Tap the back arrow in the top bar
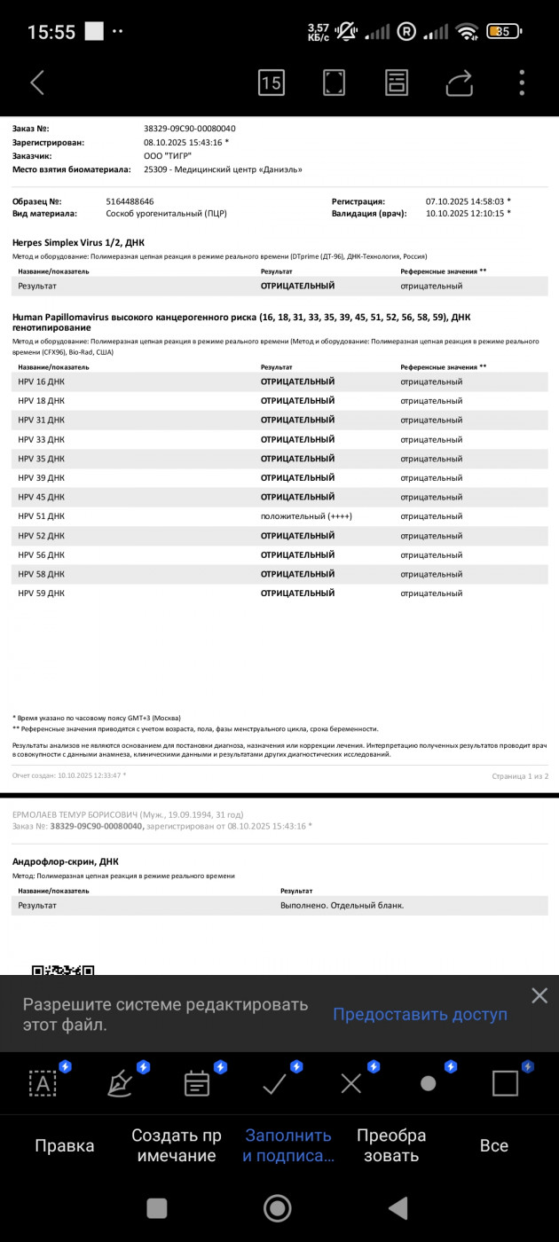pos(37,83)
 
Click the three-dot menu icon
pos(522,83)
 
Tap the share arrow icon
pos(460,83)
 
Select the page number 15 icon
pos(272,83)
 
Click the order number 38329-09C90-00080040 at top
pos(189,129)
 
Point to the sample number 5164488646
pos(130,201)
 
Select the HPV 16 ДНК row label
pos(42,381)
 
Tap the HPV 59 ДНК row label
pos(42,593)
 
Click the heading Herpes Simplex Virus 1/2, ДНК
pos(78,242)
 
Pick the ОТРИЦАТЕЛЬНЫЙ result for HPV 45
pos(297,497)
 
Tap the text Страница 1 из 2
pos(520,776)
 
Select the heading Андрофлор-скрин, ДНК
pos(66,861)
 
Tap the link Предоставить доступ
pos(420,1014)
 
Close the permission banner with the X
pos(539,995)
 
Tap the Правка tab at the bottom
pos(65,1145)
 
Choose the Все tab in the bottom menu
pos(494,1145)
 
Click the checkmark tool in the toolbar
pos(274,1083)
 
